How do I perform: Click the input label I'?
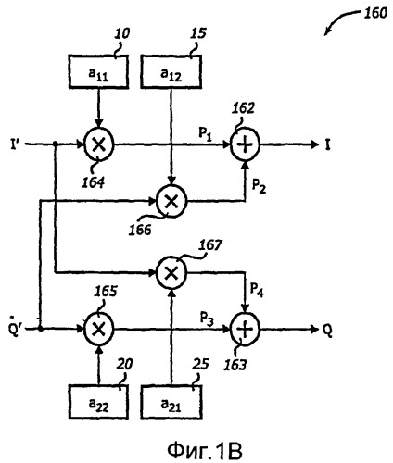click(15, 144)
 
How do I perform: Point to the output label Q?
click(327, 331)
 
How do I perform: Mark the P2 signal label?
click(259, 186)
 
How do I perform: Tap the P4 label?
click(257, 290)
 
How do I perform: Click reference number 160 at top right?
click(375, 13)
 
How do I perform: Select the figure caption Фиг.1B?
click(205, 451)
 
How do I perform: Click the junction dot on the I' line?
click(56, 144)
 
